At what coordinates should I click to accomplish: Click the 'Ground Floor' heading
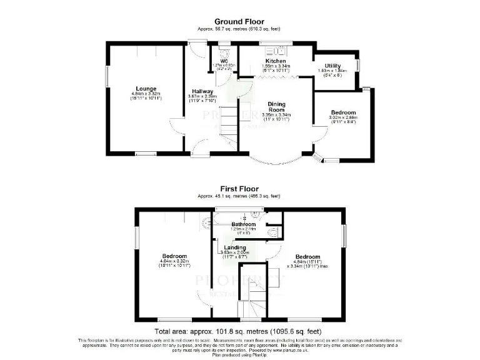[x=240, y=22]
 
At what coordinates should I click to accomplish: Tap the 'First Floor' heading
[x=239, y=188]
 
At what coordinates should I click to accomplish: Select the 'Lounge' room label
[x=146, y=89]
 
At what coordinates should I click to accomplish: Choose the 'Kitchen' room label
[x=276, y=61]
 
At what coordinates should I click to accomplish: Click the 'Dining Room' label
[x=276, y=107]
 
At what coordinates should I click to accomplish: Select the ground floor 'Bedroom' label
[x=343, y=112]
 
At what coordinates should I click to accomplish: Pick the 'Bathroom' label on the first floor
[x=244, y=224]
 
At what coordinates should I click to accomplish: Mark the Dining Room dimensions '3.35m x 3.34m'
[x=276, y=115]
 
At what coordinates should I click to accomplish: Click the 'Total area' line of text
[x=238, y=331]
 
